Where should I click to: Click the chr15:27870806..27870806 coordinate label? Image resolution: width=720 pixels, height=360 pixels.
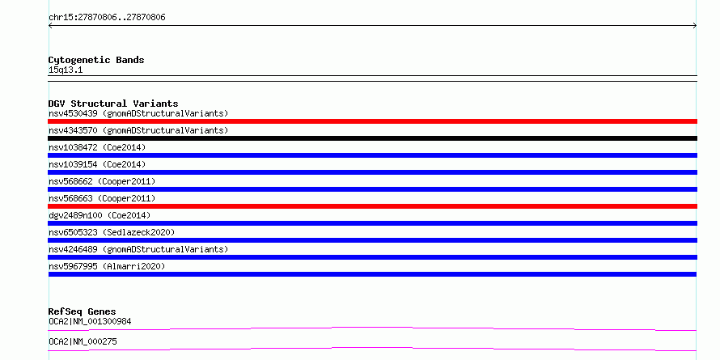pyautogui.click(x=107, y=18)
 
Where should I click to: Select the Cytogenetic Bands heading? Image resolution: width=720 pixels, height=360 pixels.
pyautogui.click(x=96, y=60)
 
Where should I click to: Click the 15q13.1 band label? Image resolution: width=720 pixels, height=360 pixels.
pyautogui.click(x=66, y=70)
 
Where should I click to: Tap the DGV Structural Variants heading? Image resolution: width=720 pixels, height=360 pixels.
pyautogui.click(x=113, y=104)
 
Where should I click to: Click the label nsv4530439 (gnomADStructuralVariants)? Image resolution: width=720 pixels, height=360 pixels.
pyautogui.click(x=138, y=113)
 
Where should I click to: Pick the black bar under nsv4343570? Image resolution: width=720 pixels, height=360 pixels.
pyautogui.click(x=372, y=138)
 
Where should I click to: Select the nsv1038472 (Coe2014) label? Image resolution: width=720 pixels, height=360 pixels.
pyautogui.click(x=97, y=147)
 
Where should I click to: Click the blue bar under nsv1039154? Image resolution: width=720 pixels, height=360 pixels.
pyautogui.click(x=372, y=172)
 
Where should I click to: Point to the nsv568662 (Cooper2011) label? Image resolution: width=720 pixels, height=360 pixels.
pyautogui.click(x=102, y=181)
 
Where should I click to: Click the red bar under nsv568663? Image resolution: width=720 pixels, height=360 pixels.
pyautogui.click(x=372, y=206)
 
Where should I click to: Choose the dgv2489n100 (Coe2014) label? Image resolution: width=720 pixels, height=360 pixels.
pyautogui.click(x=100, y=215)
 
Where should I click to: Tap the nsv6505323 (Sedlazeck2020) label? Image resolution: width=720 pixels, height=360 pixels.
pyautogui.click(x=112, y=232)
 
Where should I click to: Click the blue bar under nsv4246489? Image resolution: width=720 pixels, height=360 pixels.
pyautogui.click(x=372, y=257)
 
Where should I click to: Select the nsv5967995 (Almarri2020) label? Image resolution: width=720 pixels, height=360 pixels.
pyautogui.click(x=107, y=266)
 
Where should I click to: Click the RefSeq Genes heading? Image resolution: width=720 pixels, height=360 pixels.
pyautogui.click(x=83, y=311)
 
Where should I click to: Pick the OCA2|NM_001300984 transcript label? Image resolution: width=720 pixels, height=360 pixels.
pyautogui.click(x=90, y=321)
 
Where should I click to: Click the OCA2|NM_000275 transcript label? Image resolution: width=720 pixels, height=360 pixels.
pyautogui.click(x=83, y=341)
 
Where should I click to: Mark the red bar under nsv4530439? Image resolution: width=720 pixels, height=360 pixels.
pyautogui.click(x=372, y=121)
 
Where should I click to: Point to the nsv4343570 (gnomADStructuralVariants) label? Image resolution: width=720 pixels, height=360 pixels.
pyautogui.click(x=138, y=130)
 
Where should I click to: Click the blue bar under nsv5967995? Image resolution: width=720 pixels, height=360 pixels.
pyautogui.click(x=372, y=274)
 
